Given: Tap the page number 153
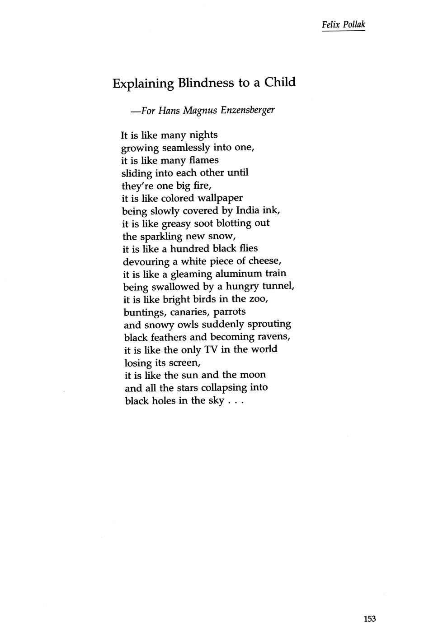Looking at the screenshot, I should click(x=369, y=606).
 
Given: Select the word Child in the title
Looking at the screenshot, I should click(x=280, y=83).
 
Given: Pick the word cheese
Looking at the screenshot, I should click(x=265, y=261).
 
